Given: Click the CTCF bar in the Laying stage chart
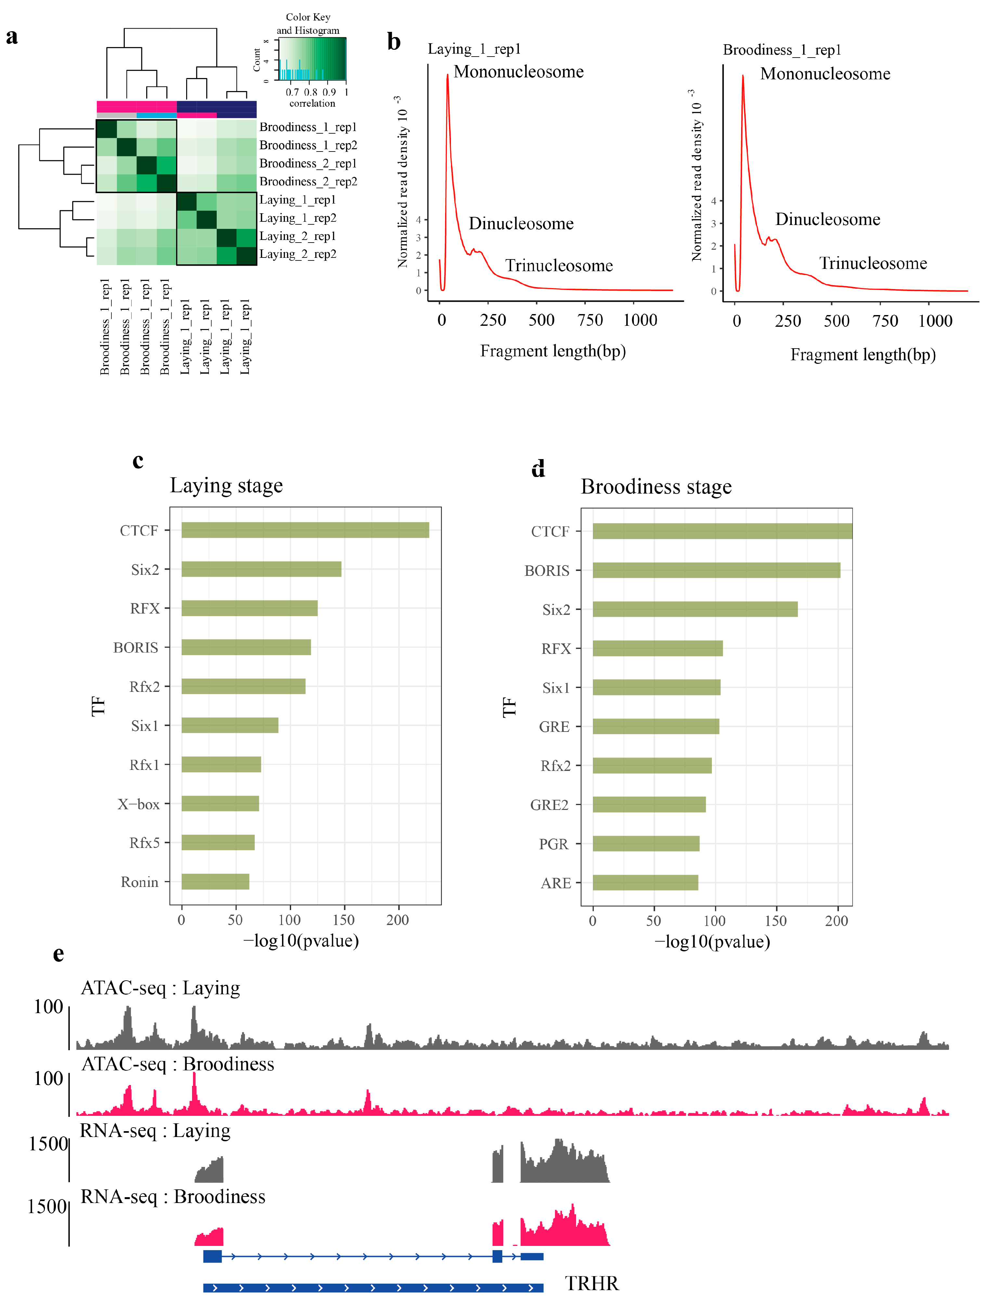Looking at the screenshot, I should click(305, 530).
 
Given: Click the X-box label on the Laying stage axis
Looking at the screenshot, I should click(138, 804).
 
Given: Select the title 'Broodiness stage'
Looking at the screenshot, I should click(656, 486).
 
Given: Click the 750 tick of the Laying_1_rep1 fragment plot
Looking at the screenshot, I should click(590, 320).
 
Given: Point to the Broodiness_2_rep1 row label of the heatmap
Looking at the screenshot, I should click(308, 163).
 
